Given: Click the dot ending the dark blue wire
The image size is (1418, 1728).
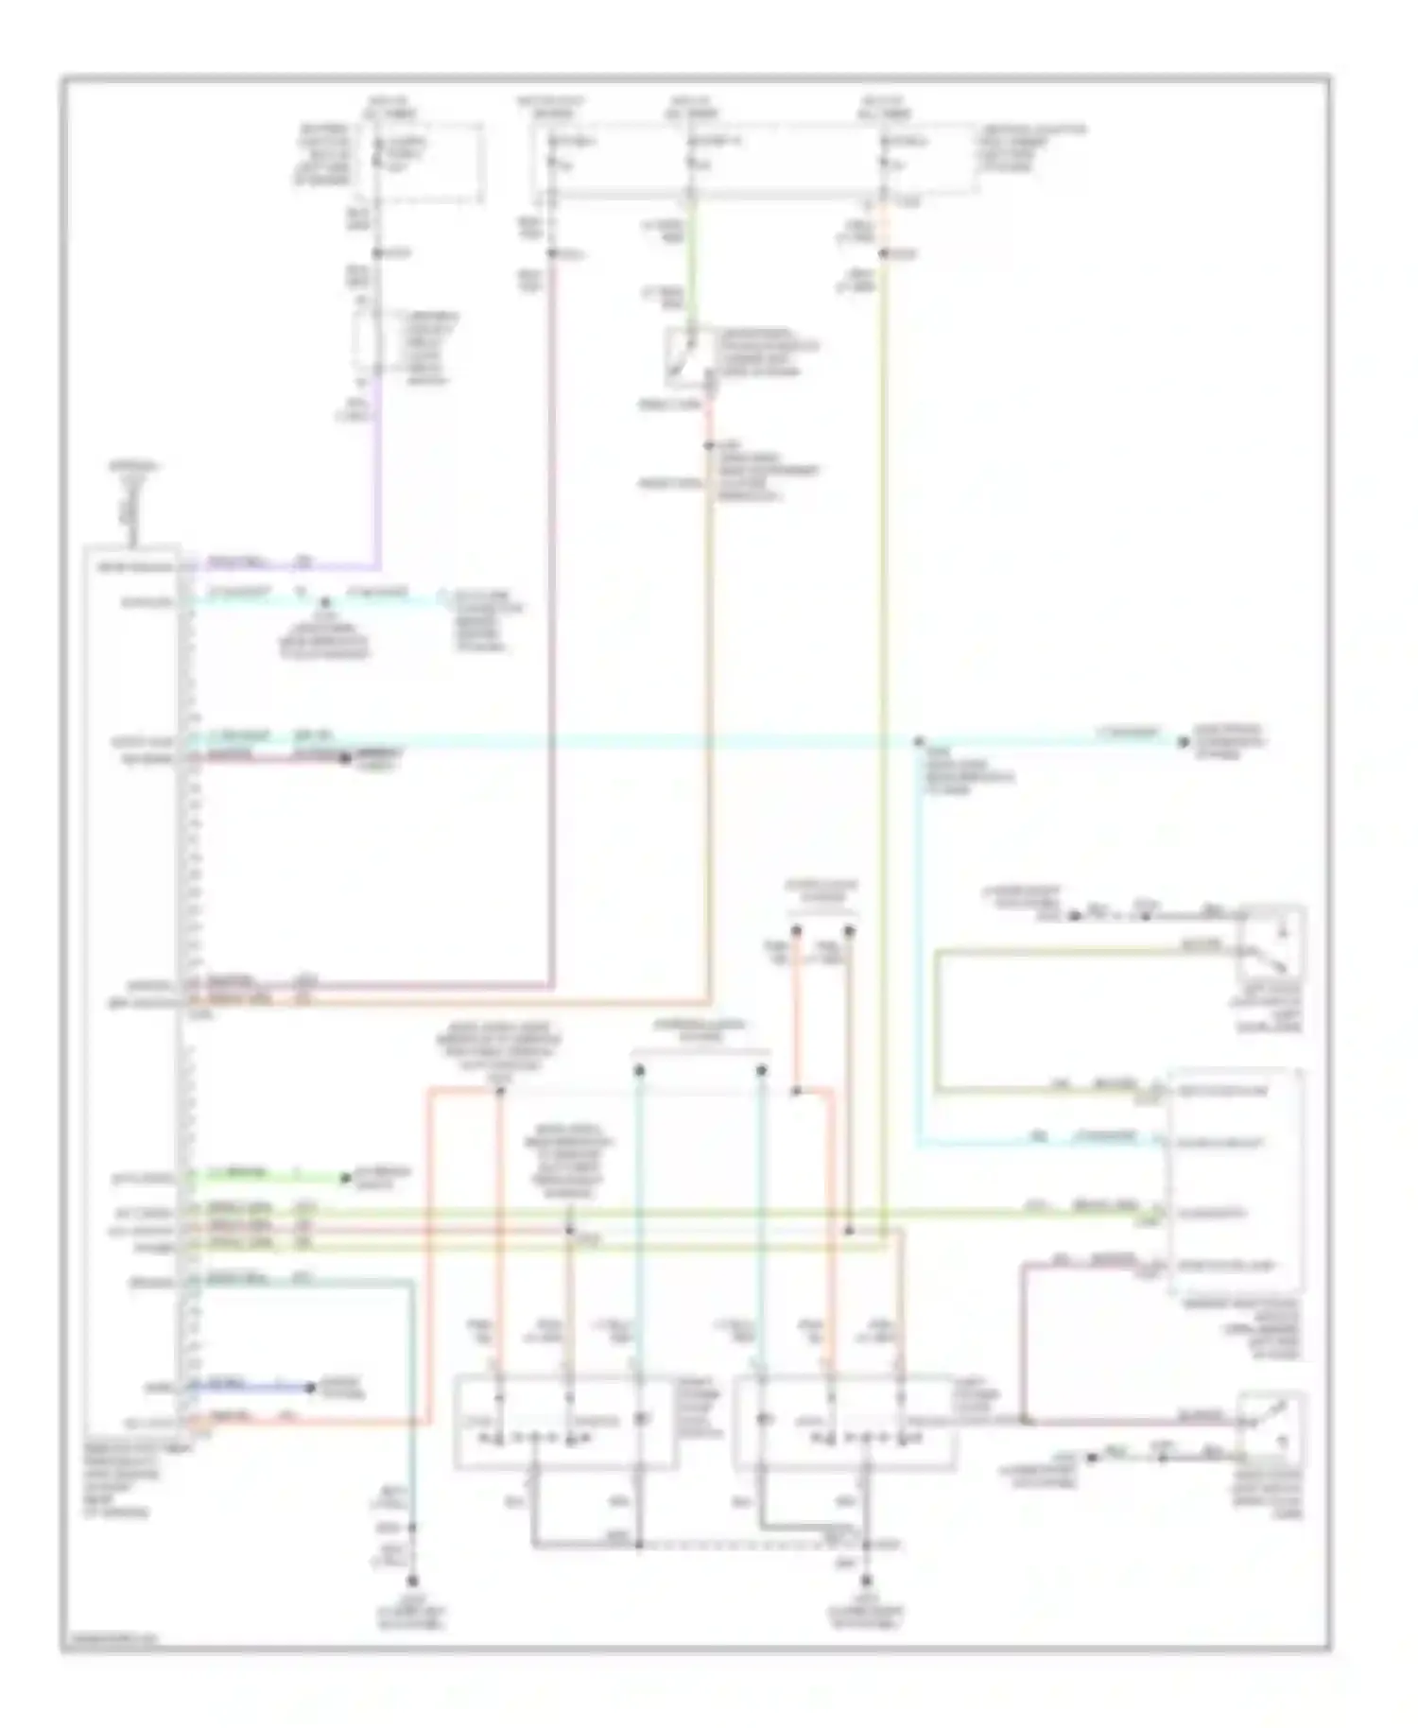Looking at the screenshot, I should point(310,1388).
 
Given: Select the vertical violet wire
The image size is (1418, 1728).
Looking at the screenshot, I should point(378,473).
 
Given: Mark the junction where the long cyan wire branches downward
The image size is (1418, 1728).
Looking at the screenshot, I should point(918,742).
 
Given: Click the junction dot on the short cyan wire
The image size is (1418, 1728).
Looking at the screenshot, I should point(324,600).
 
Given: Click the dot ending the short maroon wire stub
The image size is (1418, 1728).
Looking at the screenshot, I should point(344,757).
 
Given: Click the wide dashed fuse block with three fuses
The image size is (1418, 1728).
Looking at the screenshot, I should point(754,163).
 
